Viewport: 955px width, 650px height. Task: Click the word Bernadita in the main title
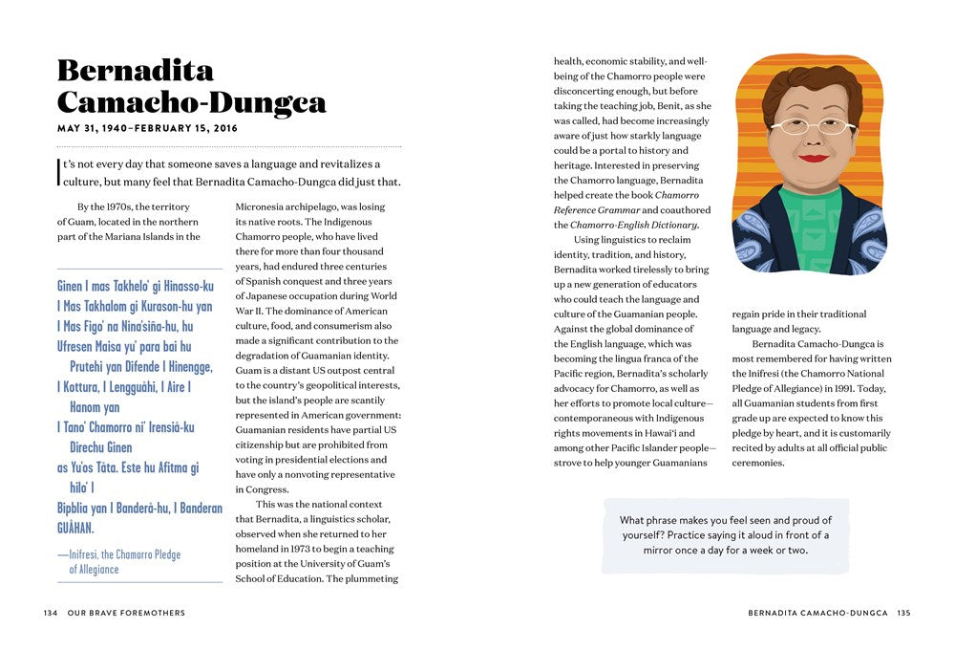click(x=136, y=70)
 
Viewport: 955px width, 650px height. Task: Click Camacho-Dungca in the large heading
click(x=191, y=102)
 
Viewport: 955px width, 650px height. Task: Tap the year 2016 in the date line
click(x=223, y=128)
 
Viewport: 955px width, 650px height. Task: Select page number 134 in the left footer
click(x=51, y=613)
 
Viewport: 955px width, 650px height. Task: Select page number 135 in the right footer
click(x=903, y=613)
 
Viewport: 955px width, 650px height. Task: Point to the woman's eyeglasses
click(x=813, y=126)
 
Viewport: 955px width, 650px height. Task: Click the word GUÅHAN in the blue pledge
click(x=75, y=528)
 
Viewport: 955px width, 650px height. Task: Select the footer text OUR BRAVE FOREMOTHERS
click(x=126, y=613)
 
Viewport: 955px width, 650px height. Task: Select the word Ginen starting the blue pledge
click(x=70, y=286)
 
